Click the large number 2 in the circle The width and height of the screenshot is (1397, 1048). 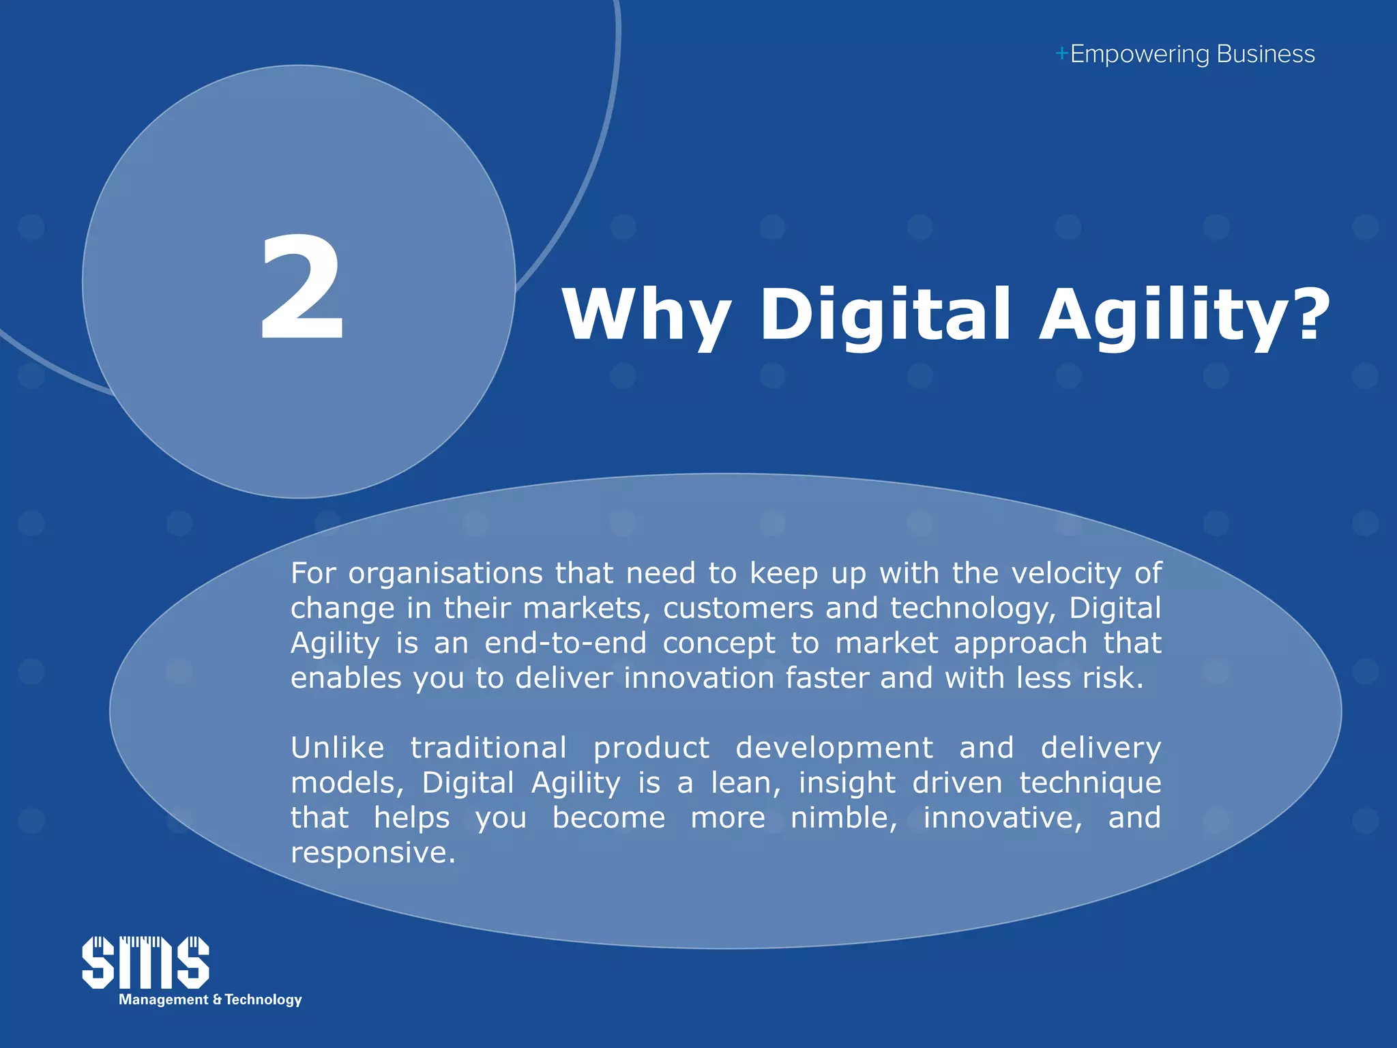coord(302,289)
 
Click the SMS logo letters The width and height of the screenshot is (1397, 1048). coord(145,962)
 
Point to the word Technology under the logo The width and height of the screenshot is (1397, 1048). coord(263,1000)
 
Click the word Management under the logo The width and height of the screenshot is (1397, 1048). coord(164,1000)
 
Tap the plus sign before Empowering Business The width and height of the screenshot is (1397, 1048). coord(1061,54)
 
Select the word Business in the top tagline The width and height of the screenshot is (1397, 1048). coord(1265,54)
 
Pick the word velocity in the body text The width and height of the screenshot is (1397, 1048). coord(1066,573)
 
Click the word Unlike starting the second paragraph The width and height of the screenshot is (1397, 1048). coord(338,748)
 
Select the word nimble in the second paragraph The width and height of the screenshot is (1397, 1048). coord(843,817)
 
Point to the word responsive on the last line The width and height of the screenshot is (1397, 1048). coord(372,853)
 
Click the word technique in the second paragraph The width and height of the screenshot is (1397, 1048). coord(1090,783)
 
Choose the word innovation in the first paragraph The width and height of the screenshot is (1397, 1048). coord(698,678)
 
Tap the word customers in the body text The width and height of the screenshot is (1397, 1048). coord(738,608)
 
